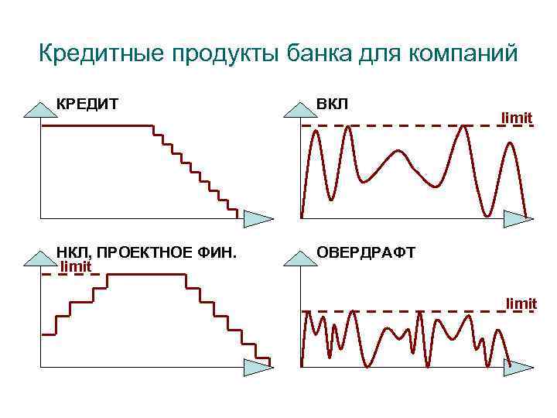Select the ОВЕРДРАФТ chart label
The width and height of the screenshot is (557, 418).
pyautogui.click(x=366, y=253)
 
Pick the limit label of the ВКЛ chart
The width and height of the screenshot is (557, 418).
pyautogui.click(x=516, y=118)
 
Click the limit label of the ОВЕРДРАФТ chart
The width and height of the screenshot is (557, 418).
pyautogui.click(x=521, y=303)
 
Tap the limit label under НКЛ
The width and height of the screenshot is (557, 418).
pyautogui.click(x=76, y=266)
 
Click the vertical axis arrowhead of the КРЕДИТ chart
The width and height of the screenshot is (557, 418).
pyautogui.click(x=41, y=109)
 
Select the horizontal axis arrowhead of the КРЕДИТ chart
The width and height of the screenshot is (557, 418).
pyautogui.click(x=257, y=218)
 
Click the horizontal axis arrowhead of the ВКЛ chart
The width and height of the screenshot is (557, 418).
pyautogui.click(x=518, y=218)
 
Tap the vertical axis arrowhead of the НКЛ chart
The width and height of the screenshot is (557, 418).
pyautogui.click(x=41, y=258)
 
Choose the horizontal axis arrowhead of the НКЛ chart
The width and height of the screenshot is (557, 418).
pyautogui.click(x=257, y=367)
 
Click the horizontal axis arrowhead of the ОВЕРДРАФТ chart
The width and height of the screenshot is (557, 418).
pyautogui.click(x=518, y=367)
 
